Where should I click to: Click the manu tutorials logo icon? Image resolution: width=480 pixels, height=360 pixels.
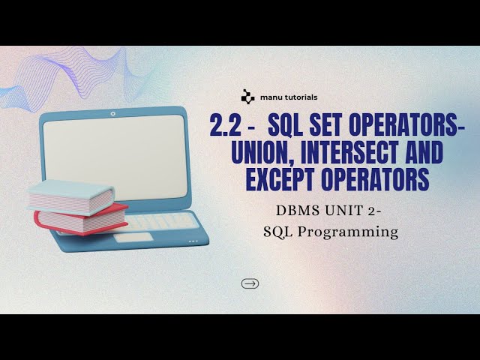tap(247, 96)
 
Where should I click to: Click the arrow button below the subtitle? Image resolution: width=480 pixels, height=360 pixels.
tap(250, 283)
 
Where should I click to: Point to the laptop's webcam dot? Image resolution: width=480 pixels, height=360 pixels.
tap(113, 115)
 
